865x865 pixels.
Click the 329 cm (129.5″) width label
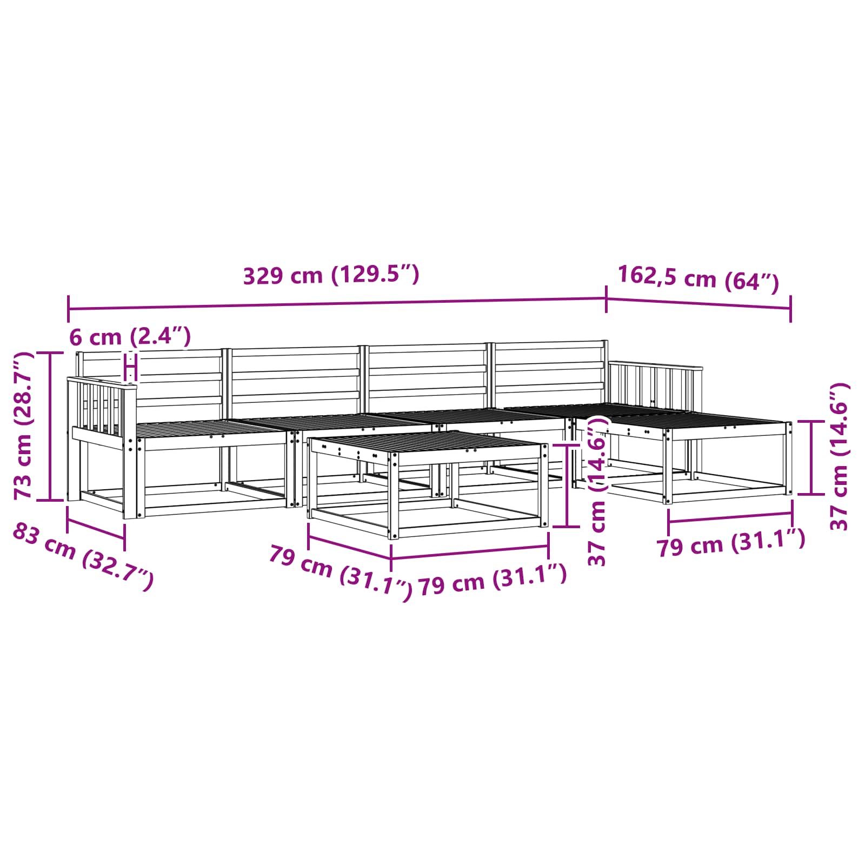click(x=331, y=275)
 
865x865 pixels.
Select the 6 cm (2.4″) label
click(x=130, y=337)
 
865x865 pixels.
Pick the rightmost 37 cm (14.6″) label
click(x=840, y=456)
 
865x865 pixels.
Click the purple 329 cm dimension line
click(x=337, y=303)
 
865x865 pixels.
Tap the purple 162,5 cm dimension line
click(x=698, y=303)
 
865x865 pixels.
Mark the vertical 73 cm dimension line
click(x=50, y=426)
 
